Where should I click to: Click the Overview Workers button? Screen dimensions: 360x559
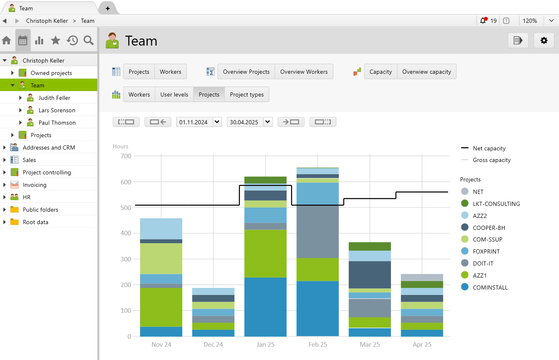tap(304, 72)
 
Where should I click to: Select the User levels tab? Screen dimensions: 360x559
tap(174, 94)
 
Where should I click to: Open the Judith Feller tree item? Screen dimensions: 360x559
tap(54, 98)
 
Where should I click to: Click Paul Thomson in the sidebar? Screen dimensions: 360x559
tap(57, 123)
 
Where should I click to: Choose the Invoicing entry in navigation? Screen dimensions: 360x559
tap(34, 185)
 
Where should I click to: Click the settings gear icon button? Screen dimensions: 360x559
tap(544, 41)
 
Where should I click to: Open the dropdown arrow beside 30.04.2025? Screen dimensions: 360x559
tap(267, 122)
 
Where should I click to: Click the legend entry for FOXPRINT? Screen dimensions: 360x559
tap(486, 251)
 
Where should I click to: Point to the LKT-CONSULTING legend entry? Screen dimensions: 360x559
tap(496, 204)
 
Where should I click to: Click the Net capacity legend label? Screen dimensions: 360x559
tap(489, 148)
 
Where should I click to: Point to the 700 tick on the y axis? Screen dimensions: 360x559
tap(126, 156)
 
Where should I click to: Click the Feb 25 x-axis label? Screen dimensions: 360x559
tap(318, 345)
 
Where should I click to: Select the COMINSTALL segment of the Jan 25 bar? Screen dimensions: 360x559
tap(265, 307)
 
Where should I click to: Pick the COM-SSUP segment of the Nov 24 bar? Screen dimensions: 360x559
tap(161, 259)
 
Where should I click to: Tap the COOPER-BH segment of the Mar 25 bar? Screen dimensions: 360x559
tap(370, 274)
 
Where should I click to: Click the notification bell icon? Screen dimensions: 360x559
tap(483, 21)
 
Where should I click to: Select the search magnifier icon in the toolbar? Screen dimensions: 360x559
tap(89, 40)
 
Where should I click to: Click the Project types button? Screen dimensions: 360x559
tap(247, 94)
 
